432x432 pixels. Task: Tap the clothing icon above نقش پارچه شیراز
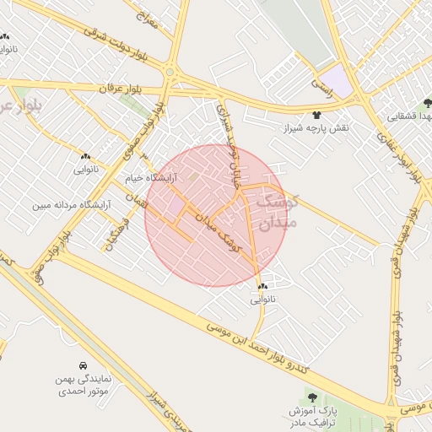point(317,114)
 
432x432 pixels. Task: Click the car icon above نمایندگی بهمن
point(83,366)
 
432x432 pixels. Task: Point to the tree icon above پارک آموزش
point(311,396)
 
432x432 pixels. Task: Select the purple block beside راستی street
point(338,79)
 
